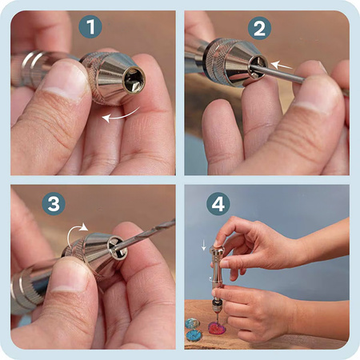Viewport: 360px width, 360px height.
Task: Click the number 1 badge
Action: pyautogui.click(x=90, y=26)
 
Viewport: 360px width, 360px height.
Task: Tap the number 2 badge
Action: pyautogui.click(x=259, y=28)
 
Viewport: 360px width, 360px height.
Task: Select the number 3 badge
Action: pyautogui.click(x=54, y=204)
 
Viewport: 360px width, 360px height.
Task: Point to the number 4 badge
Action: pyautogui.click(x=218, y=204)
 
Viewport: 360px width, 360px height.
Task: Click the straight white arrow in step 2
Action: pyautogui.click(x=282, y=66)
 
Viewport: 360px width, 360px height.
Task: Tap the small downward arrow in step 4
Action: pyautogui.click(x=204, y=245)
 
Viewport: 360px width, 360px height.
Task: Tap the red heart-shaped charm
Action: pyautogui.click(x=218, y=327)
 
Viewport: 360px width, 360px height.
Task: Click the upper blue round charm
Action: pyautogui.click(x=192, y=324)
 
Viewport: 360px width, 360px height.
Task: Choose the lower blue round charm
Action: pyautogui.click(x=194, y=335)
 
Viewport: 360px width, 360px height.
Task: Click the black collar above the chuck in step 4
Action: pyautogui.click(x=216, y=302)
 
